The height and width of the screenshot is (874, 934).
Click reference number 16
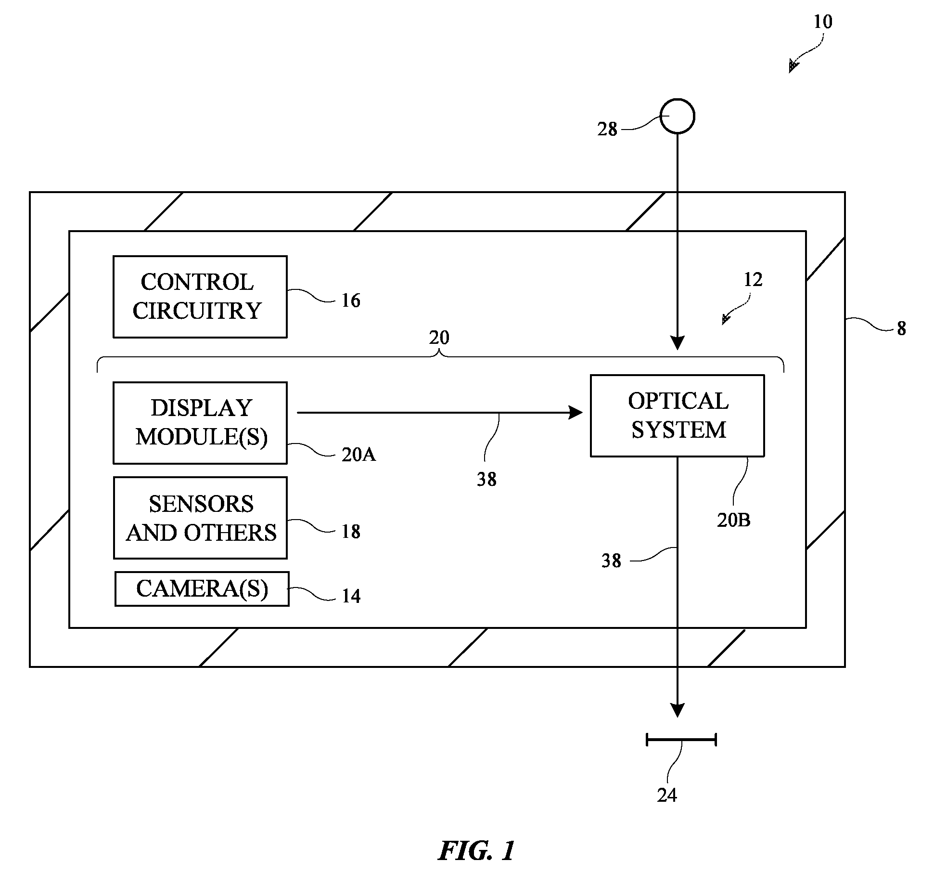351,300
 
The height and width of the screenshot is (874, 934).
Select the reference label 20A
358,455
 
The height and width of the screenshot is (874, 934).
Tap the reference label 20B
734,520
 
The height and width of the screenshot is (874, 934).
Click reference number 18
351,532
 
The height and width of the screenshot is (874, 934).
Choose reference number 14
351,596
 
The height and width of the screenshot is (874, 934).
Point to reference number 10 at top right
823,22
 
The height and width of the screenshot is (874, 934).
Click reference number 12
753,280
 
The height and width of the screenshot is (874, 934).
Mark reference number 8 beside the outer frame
901,329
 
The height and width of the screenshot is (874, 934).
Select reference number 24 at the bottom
667,796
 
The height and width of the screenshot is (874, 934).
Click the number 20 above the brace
439,338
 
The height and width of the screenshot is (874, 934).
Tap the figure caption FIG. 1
476,851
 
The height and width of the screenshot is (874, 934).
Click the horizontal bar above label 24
681,740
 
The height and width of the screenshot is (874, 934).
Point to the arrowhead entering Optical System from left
576,413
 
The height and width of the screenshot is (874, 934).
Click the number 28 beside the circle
607,129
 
